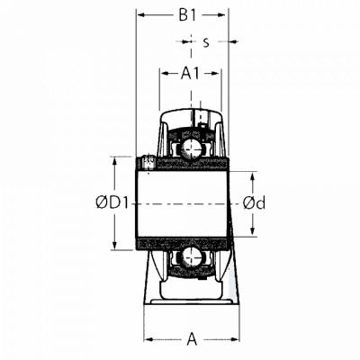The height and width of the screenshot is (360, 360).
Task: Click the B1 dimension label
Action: tap(187, 14)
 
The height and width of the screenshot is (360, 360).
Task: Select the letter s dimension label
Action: tap(206, 42)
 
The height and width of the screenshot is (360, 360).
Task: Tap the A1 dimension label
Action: tap(190, 73)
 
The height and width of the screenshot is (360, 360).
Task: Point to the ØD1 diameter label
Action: tap(112, 203)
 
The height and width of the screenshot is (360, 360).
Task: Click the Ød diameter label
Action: tap(254, 203)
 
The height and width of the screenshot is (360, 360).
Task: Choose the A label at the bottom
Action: tap(192, 339)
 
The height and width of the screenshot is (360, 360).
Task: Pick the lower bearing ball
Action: tap(191, 256)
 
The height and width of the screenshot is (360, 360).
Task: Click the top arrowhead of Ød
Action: tap(252, 177)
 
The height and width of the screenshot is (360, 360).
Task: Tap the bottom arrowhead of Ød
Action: tap(252, 230)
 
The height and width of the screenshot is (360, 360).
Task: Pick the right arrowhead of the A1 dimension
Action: tap(216, 73)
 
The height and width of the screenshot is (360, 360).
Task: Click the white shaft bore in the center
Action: tap(182, 204)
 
